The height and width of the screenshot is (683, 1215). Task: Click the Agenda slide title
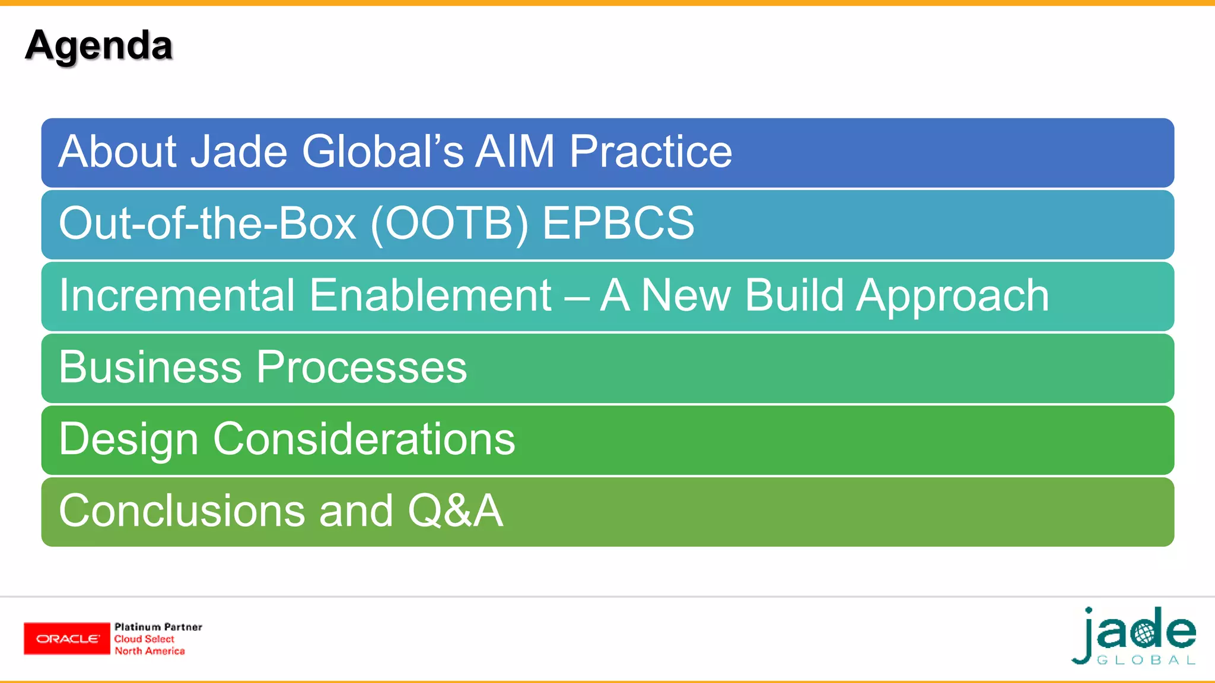[98, 46]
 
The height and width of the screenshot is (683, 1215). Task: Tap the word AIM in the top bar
[515, 152]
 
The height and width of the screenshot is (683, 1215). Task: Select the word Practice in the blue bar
[651, 152]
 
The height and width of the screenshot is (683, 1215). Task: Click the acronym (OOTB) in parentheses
[449, 224]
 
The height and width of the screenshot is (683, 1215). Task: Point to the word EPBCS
[618, 224]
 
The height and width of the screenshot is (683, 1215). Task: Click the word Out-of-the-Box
[208, 224]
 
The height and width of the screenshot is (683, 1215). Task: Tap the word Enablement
[431, 295]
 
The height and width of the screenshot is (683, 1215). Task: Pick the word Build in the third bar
[794, 295]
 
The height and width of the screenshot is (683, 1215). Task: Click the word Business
[150, 367]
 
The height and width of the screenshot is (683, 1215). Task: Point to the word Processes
[362, 367]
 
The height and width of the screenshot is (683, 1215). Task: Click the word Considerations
[364, 439]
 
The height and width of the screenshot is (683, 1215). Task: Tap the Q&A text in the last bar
[455, 511]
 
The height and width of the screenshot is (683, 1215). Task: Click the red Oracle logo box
[67, 639]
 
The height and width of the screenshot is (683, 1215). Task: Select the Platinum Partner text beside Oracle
[158, 627]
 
